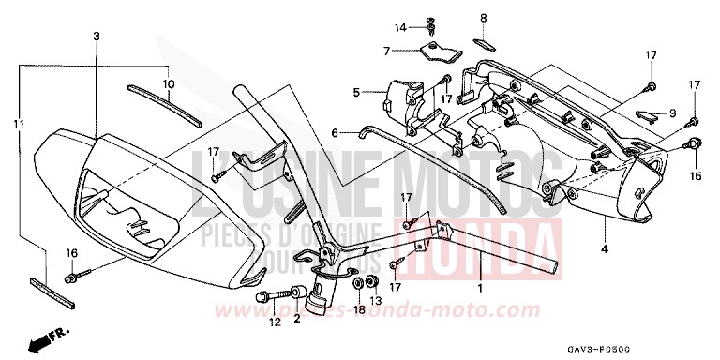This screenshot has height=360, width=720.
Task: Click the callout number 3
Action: click(96, 36)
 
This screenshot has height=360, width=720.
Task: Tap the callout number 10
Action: click(169, 83)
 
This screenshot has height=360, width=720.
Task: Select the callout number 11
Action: click(17, 124)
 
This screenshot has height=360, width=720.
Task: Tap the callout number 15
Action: click(696, 174)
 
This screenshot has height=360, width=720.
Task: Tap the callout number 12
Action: click(274, 322)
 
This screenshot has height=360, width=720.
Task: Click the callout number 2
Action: click(296, 319)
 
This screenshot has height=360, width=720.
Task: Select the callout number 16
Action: click(68, 255)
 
